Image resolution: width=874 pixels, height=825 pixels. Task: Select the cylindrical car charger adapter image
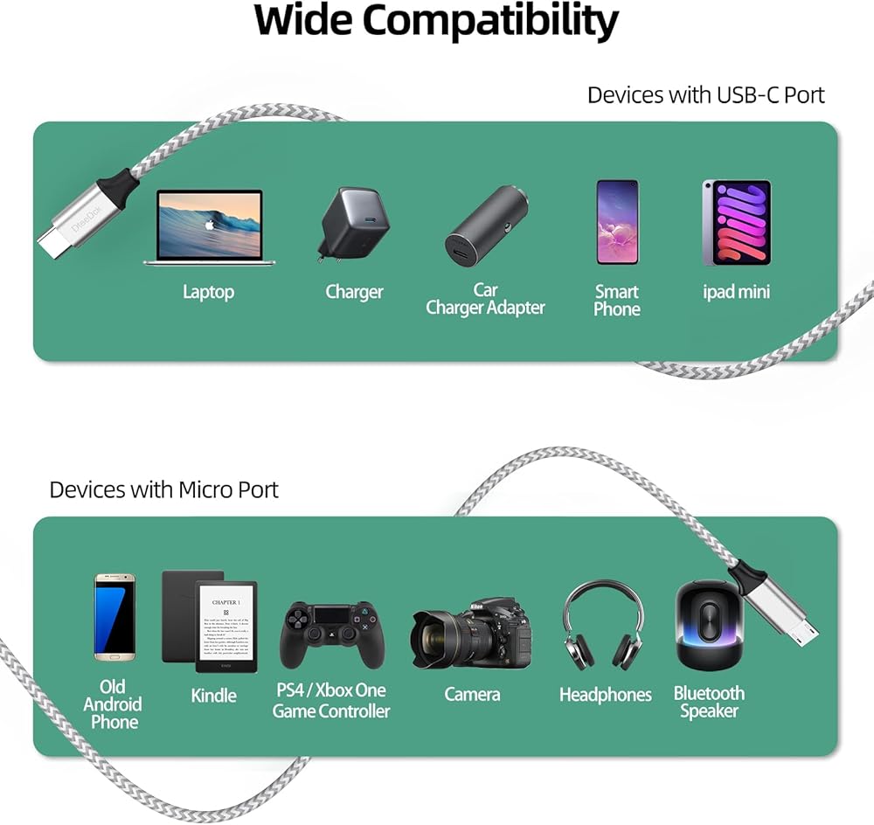pyautogui.click(x=485, y=227)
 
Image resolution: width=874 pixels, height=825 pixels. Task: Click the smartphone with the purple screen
pyautogui.click(x=617, y=222)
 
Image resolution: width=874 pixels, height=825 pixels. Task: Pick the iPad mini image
pyautogui.click(x=737, y=222)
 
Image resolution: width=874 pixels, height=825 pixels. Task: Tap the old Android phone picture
pyautogui.click(x=114, y=617)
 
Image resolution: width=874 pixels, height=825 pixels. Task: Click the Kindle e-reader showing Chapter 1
pyautogui.click(x=225, y=626)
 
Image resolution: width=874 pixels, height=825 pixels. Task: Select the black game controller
pyautogui.click(x=332, y=634)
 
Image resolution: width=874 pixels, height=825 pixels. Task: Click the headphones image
pyautogui.click(x=604, y=626)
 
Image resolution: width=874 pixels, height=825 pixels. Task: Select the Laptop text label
pyautogui.click(x=208, y=292)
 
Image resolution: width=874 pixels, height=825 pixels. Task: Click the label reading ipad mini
pyautogui.click(x=737, y=292)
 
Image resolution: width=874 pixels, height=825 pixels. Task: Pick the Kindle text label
pyautogui.click(x=213, y=696)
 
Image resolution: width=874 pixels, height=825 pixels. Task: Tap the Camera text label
pyautogui.click(x=472, y=695)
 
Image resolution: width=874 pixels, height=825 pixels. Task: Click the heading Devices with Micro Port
pyautogui.click(x=163, y=489)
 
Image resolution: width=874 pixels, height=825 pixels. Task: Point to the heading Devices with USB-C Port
pyautogui.click(x=705, y=94)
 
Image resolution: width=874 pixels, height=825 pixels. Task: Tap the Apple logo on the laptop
pyautogui.click(x=210, y=224)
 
